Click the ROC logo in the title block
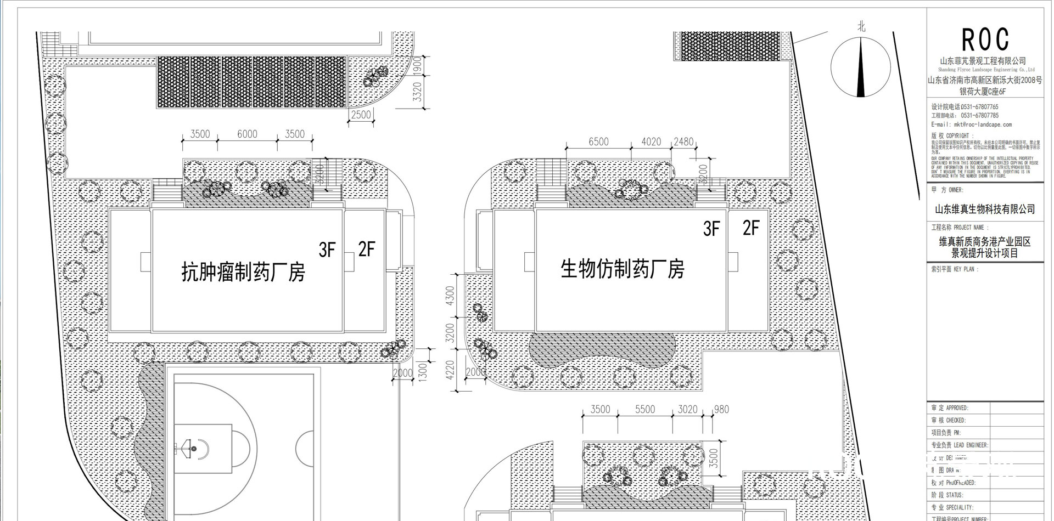pos(985,39)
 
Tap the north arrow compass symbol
pos(860,68)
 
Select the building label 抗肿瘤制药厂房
pos(243,271)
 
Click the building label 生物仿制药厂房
pos(622,269)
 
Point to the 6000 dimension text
pos(247,134)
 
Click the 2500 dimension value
pos(361,115)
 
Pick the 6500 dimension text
pos(598,141)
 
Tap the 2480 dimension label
pos(683,141)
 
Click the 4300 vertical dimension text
pos(451,296)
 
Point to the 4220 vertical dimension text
pos(451,370)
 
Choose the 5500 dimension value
pos(644,409)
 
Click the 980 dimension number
pos(721,409)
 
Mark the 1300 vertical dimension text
pos(422,371)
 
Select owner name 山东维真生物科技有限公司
pos(985,209)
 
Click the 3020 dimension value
pos(687,409)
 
